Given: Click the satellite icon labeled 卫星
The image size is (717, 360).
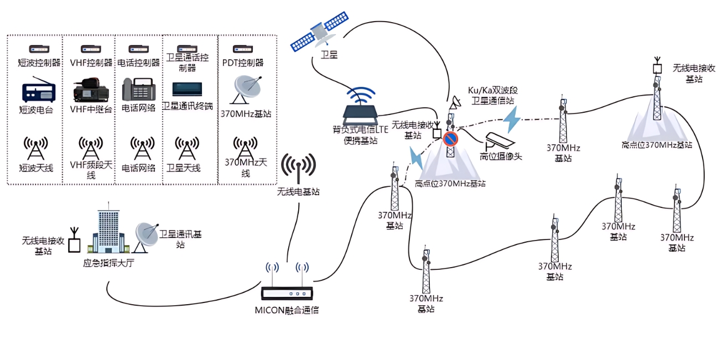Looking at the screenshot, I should pos(320,33).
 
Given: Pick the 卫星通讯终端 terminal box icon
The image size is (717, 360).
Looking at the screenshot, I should pos(187,88).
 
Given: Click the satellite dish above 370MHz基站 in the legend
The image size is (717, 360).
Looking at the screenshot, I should pos(246,88).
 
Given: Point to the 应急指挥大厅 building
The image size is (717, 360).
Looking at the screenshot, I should pos(109,232).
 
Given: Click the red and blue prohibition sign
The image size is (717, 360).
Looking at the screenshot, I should pos(450,138).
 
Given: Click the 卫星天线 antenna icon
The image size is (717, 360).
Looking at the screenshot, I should pos(187,147).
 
